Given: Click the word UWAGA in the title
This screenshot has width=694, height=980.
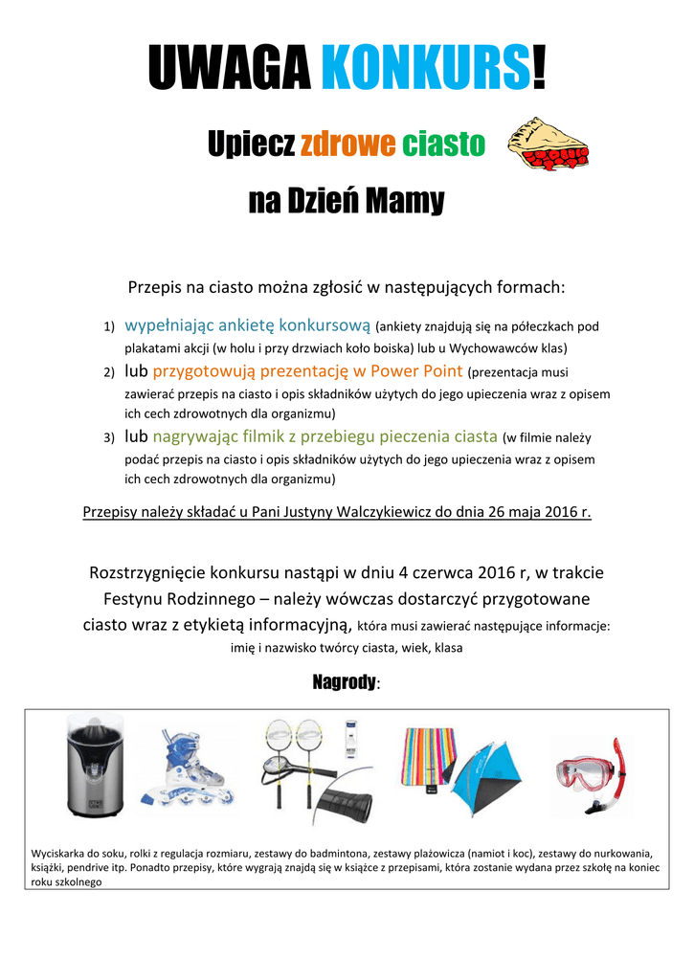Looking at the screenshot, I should tap(231, 69).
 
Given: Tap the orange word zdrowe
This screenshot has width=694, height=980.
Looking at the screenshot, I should tap(347, 145).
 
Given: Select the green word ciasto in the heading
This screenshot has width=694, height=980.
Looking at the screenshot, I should tap(444, 145).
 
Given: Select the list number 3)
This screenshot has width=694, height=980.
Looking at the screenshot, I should tap(109, 438).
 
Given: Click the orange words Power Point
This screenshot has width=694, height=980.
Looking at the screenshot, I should tap(416, 371).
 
